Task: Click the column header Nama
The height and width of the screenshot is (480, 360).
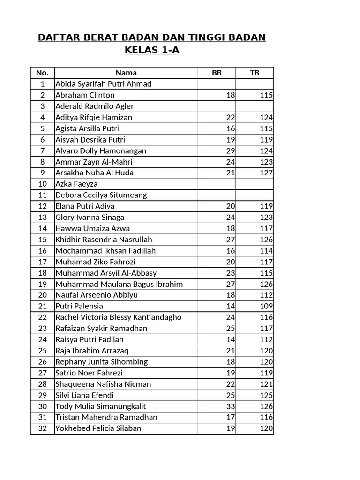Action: [126, 73]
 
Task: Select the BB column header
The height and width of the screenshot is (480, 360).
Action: [217, 73]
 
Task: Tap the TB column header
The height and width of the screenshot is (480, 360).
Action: [254, 73]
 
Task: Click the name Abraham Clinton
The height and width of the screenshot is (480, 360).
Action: [85, 95]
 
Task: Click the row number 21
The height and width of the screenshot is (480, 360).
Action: [43, 306]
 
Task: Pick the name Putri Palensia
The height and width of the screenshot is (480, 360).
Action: [79, 306]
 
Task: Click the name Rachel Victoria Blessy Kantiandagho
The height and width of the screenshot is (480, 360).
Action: [118, 317]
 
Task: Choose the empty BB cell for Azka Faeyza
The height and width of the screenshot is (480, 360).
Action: [217, 184]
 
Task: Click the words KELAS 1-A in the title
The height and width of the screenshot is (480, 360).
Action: [152, 50]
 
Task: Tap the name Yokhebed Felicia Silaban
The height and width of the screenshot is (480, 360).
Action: [98, 428]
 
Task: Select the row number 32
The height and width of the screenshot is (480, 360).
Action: [43, 428]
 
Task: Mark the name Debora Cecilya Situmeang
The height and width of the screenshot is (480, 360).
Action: [101, 195]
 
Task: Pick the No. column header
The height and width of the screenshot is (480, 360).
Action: [42, 73]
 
